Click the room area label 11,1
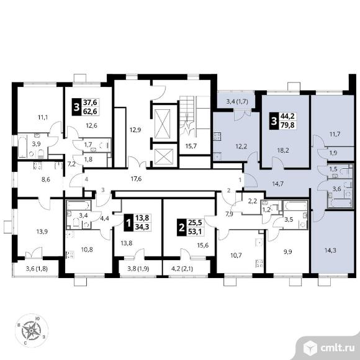coord(43,117)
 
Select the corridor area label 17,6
coord(136,179)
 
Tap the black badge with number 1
coord(128,222)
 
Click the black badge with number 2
coord(182,228)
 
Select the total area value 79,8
coord(287,125)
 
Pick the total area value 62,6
coord(90,111)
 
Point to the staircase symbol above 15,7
coord(188,114)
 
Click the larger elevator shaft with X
coord(163,124)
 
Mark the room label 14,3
coord(330,251)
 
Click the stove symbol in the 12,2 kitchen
coord(217,137)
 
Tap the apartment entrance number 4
coord(86,179)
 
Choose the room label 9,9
coord(287,251)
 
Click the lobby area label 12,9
coord(135,130)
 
